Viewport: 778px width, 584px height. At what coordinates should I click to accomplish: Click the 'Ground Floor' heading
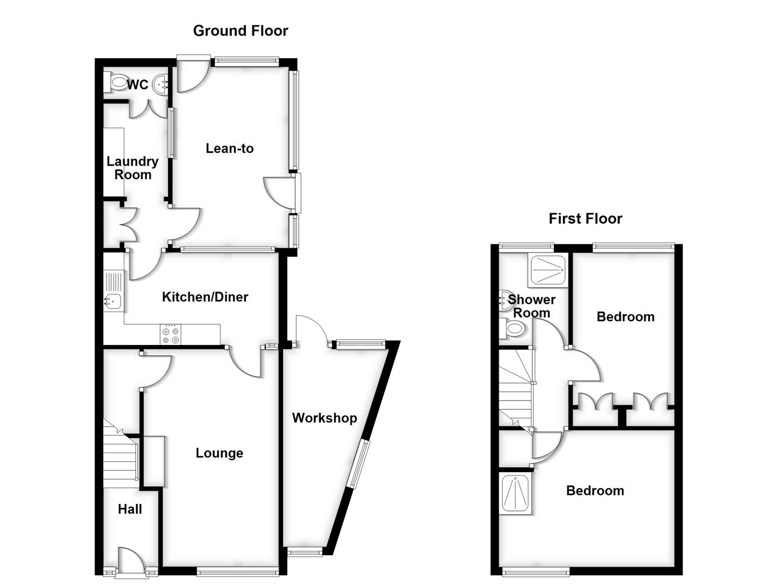[240, 31]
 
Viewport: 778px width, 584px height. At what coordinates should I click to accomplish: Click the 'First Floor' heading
[585, 218]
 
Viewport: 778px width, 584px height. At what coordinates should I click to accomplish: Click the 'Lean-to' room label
[230, 148]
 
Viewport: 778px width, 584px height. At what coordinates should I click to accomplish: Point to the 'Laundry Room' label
[132, 168]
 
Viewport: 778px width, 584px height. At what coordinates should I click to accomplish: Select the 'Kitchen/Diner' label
[205, 296]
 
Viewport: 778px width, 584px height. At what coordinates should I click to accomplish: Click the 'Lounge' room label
[219, 453]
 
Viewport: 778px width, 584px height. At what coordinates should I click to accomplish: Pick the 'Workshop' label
[324, 417]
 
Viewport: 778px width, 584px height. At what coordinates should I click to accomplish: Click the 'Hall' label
[130, 509]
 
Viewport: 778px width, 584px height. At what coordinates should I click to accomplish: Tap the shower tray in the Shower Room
[547, 270]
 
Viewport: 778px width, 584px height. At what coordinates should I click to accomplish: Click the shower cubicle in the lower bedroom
[516, 493]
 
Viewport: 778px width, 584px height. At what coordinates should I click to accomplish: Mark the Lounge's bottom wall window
[238, 570]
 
